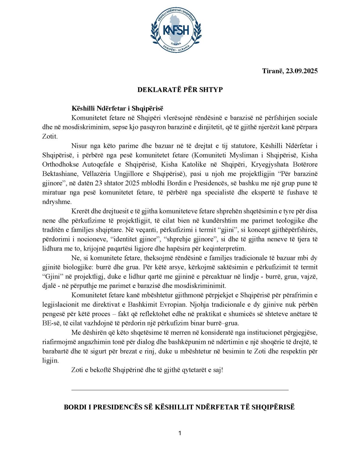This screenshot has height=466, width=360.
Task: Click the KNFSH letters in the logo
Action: tap(176, 30)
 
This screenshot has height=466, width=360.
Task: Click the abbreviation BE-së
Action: tap(50, 323)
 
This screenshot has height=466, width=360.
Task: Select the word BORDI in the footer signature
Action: tap(75, 407)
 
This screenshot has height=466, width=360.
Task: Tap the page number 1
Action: tap(180, 433)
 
